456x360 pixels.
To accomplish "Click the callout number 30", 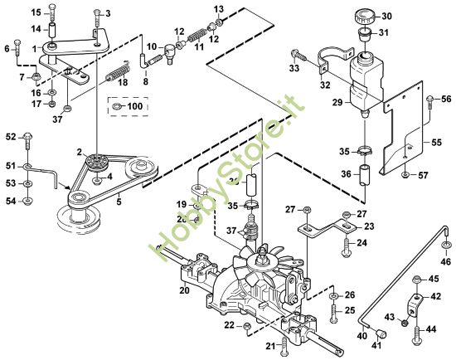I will (x=387, y=17).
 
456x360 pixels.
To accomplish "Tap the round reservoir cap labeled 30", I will (x=364, y=17).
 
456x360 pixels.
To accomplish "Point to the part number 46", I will (x=445, y=262).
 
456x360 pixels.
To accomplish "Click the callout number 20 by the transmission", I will (x=184, y=290).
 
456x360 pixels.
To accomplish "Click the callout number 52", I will (x=11, y=135).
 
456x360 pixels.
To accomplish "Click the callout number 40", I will (x=361, y=335).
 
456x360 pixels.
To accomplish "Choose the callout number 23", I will (x=369, y=226).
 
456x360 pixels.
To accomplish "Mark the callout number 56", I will (x=446, y=100).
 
